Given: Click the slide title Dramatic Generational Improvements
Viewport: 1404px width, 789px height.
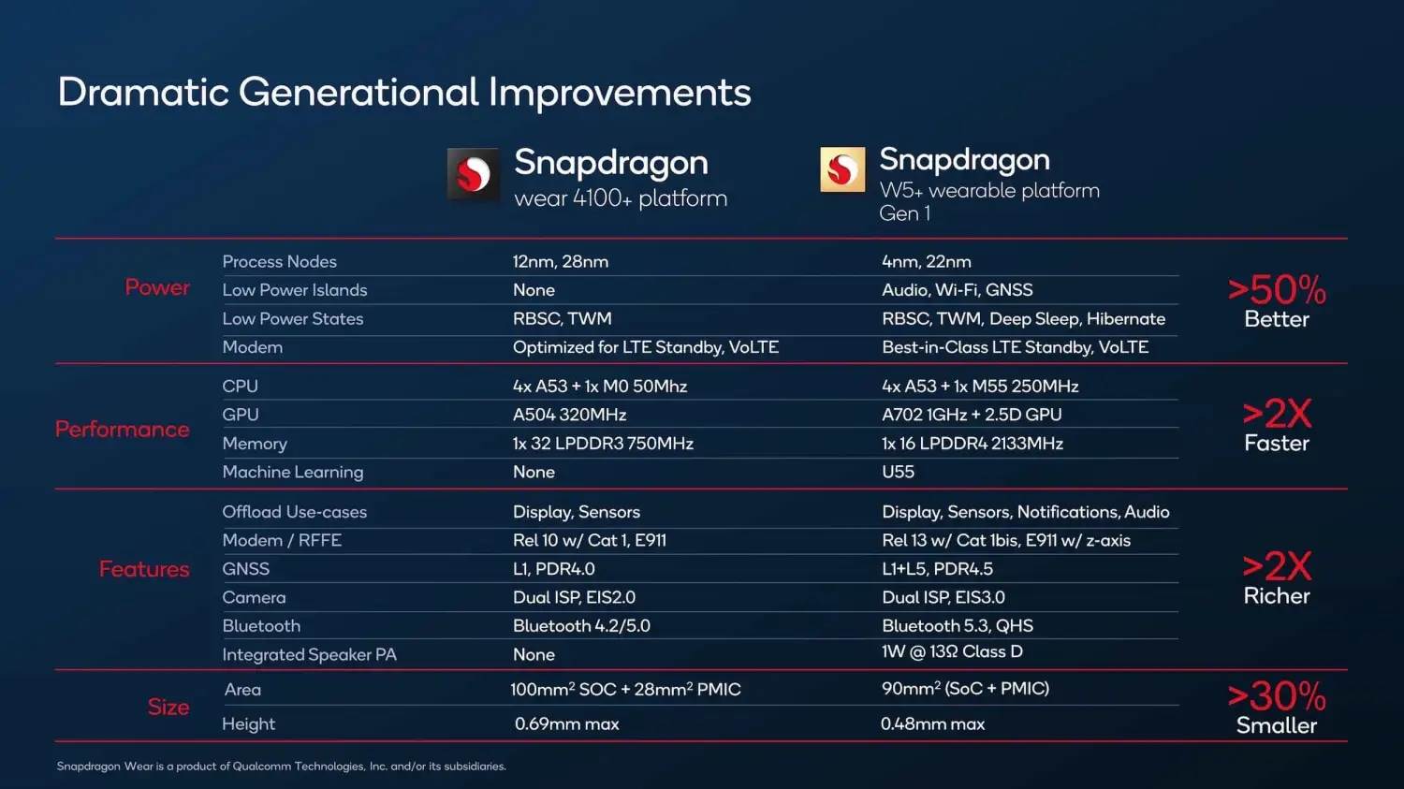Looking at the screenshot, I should (x=403, y=93).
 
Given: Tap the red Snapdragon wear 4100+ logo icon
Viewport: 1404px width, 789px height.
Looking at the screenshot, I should (x=473, y=174).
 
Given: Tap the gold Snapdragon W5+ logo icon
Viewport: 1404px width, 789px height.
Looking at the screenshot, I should (x=842, y=169).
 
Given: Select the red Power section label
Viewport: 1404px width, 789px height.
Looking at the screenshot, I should (x=157, y=287).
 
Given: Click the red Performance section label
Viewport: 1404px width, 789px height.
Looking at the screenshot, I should (x=122, y=429).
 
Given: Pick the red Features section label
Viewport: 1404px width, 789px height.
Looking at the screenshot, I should (x=144, y=569).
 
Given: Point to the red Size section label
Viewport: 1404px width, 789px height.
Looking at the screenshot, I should (x=168, y=707).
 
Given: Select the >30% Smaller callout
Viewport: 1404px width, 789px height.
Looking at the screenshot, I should (x=1276, y=708).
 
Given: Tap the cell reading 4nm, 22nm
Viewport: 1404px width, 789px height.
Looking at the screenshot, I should (x=926, y=262).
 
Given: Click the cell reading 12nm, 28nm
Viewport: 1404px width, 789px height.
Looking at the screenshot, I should (x=560, y=262).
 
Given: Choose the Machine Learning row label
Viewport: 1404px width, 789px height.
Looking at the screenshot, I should (x=292, y=473).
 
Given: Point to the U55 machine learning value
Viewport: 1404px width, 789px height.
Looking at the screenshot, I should (x=898, y=473).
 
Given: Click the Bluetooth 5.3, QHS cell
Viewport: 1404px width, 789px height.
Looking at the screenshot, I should (x=957, y=626).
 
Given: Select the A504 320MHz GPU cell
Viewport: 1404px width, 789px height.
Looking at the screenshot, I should (x=569, y=415).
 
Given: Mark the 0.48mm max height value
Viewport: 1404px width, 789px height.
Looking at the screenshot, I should (x=932, y=724).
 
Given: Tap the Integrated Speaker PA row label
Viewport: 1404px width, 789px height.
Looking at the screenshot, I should (x=309, y=655).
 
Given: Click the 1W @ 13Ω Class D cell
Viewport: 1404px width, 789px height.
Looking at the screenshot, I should (x=952, y=652).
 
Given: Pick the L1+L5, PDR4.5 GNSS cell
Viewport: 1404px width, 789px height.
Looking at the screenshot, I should (x=937, y=569).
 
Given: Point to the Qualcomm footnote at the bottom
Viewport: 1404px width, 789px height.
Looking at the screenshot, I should (x=281, y=767).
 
